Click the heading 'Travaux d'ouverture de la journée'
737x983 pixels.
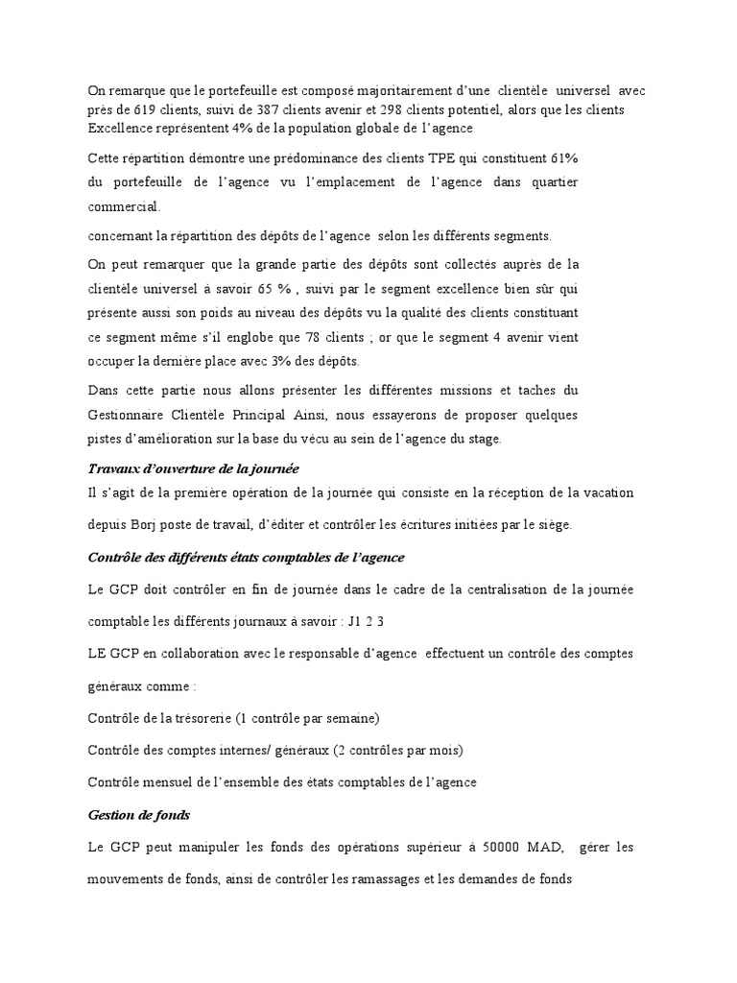[193, 468]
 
